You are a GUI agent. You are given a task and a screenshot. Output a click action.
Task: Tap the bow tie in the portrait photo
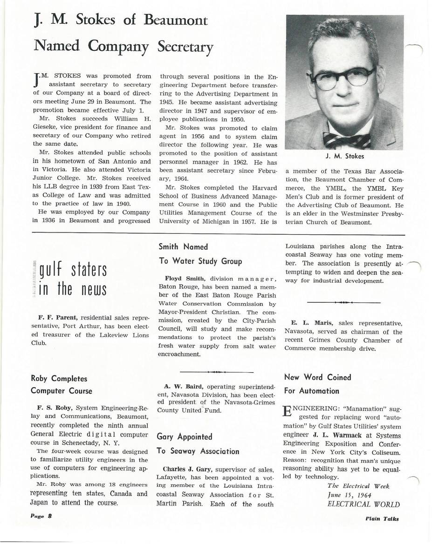tap(347, 140)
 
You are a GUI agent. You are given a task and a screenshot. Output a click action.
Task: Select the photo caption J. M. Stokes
tap(344, 157)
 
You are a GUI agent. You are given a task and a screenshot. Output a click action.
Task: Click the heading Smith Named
tap(183, 247)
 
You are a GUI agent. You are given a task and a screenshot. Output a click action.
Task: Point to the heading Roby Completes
tap(59, 379)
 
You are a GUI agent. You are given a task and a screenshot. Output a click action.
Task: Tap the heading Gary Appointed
tap(185, 436)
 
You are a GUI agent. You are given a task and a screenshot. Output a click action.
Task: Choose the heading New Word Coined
tap(317, 377)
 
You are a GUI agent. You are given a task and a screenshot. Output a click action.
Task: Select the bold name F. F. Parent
tap(53, 318)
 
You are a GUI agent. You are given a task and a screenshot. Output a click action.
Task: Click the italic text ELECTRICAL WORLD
tap(363, 504)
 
